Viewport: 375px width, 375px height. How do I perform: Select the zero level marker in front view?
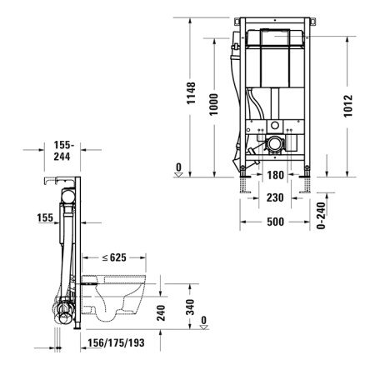pos(178,168)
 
